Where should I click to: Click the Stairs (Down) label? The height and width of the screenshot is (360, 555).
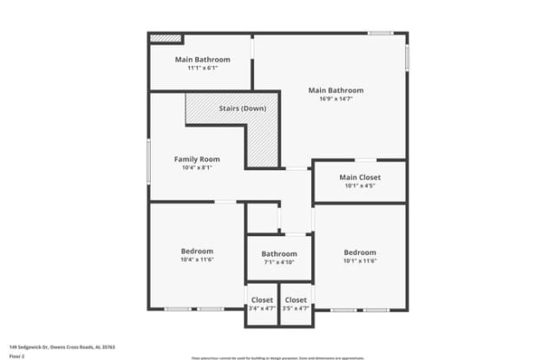(242, 108)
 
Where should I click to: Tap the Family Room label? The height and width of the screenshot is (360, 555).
(197, 159)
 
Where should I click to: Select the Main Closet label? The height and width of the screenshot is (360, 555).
(359, 177)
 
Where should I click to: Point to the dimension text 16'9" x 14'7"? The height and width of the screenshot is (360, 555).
(336, 99)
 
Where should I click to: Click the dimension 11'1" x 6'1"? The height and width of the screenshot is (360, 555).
(202, 69)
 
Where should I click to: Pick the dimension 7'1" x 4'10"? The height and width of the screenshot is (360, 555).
(278, 262)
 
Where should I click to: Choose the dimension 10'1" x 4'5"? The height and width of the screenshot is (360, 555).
(359, 186)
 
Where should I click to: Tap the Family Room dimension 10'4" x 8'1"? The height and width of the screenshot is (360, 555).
(197, 168)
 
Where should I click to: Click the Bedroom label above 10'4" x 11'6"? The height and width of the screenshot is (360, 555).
(197, 252)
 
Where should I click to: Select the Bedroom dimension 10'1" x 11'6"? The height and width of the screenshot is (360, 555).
(359, 261)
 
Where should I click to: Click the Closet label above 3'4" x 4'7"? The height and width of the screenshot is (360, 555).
(262, 299)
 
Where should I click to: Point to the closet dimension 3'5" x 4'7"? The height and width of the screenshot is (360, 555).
(296, 308)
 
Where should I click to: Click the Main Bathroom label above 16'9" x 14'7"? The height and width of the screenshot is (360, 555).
(336, 90)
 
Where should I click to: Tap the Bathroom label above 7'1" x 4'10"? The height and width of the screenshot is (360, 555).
(278, 253)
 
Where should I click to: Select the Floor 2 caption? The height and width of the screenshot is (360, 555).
(16, 355)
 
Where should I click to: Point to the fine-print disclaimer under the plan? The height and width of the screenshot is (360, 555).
(278, 357)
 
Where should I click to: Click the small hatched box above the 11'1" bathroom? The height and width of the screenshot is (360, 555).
(165, 38)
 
